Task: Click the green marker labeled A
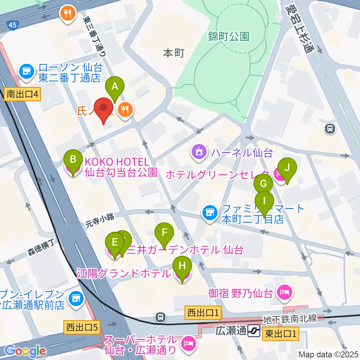point(115,87)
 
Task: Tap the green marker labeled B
point(73,160)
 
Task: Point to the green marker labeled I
point(265,201)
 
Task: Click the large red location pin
point(103,110)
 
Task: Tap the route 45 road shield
point(12,25)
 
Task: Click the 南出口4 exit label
point(22,94)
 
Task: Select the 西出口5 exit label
point(81,327)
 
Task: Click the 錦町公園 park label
point(229,36)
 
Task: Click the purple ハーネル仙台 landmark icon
point(198,152)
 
